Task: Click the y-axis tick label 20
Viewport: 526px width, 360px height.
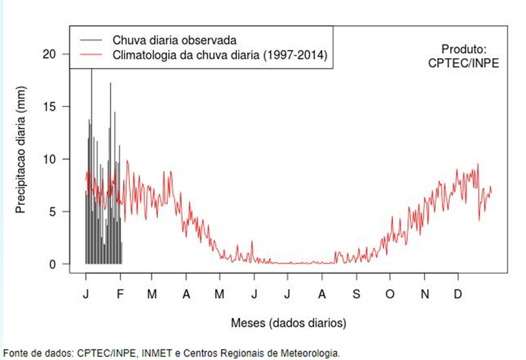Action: pyautogui.click(x=49, y=54)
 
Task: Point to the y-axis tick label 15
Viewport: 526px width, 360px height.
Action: pyautogui.click(x=49, y=107)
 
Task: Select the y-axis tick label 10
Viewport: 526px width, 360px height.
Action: pyautogui.click(x=49, y=159)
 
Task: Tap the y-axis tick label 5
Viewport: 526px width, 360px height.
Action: pyautogui.click(x=52, y=211)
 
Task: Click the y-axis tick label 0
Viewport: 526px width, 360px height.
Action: pyautogui.click(x=52, y=264)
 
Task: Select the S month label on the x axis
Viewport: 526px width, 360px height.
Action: pyautogui.click(x=356, y=295)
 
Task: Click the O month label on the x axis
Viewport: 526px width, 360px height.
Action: pyautogui.click(x=390, y=295)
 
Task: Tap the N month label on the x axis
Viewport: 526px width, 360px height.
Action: pyautogui.click(x=424, y=295)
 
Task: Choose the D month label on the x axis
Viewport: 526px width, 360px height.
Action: pyautogui.click(x=458, y=295)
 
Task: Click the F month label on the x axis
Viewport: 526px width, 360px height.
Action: pyautogui.click(x=121, y=295)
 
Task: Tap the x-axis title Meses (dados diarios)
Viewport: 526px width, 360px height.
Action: pyautogui.click(x=289, y=323)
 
